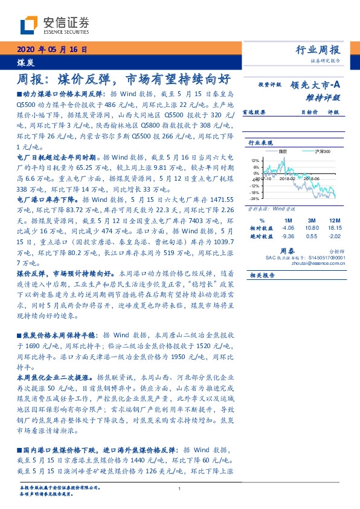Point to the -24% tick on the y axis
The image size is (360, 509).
click(x=254, y=198)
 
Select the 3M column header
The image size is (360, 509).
click(x=311, y=221)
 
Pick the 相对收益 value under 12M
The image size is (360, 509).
click(x=335, y=228)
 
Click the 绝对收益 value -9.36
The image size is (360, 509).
click(x=288, y=236)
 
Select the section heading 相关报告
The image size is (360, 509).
click(x=261, y=275)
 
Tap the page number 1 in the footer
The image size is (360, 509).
click(x=180, y=489)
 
